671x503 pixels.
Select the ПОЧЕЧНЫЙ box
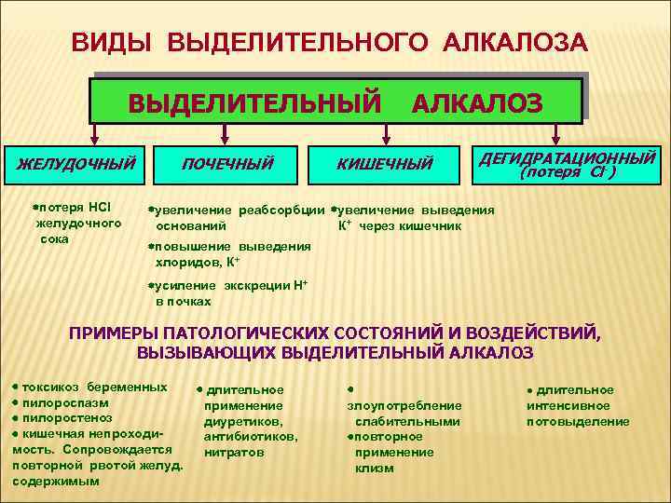coord(227,164)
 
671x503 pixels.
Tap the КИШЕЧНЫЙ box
coord(385,164)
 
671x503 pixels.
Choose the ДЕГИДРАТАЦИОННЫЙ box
coord(568,162)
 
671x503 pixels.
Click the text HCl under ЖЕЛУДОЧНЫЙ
coord(100,205)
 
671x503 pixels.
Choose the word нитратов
coord(234,453)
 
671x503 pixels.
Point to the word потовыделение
coord(578,421)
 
